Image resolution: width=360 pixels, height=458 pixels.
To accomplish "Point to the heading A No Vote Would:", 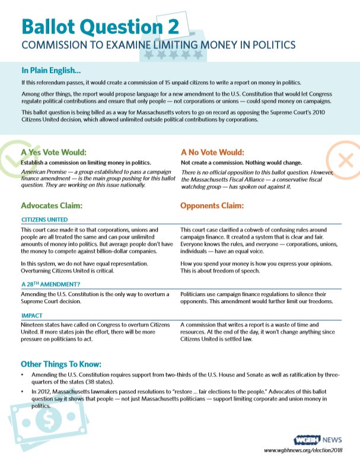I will pyautogui.click(x=212, y=152).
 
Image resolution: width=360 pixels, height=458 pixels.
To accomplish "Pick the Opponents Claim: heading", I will pyautogui.click(x=212, y=206).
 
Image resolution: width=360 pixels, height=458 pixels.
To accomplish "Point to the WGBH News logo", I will pyautogui.click(x=317, y=440).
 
